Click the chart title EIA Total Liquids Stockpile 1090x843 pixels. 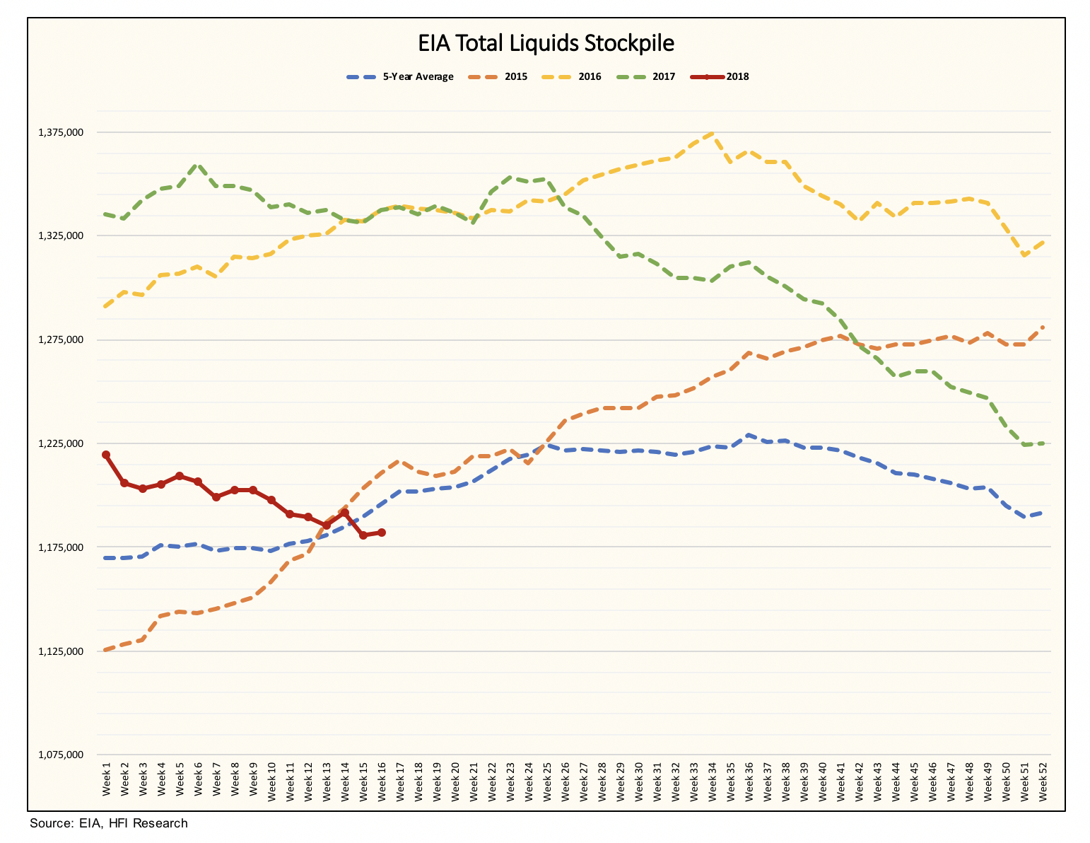[x=546, y=44]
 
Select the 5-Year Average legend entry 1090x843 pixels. [x=399, y=77]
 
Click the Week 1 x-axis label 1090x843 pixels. [x=107, y=781]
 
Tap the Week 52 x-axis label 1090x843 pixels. [x=1043, y=781]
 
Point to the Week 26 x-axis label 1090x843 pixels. [x=565, y=781]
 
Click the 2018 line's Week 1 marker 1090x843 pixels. [x=106, y=455]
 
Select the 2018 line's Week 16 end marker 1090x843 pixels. [x=382, y=533]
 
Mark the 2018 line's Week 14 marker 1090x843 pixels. [x=345, y=513]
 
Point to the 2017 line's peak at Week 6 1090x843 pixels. [x=198, y=165]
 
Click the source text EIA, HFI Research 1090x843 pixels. [x=109, y=823]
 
